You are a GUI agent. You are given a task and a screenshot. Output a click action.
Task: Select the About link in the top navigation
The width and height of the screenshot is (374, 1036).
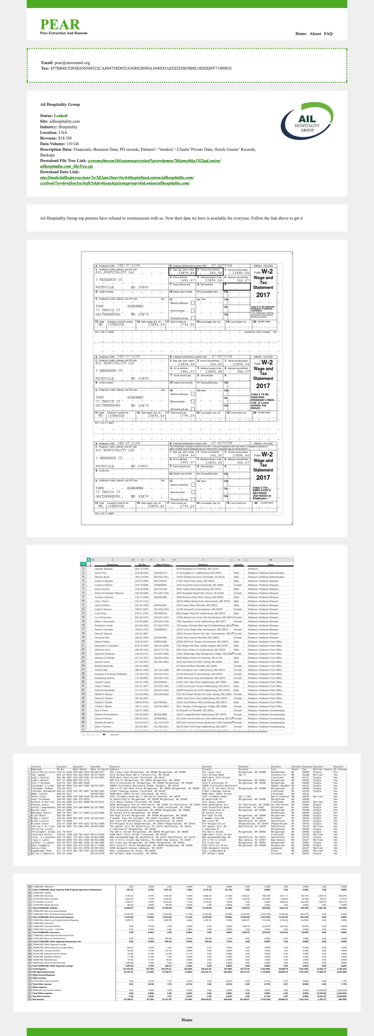click(315, 34)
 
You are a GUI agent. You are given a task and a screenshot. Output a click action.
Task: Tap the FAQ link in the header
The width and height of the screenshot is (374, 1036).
click(328, 34)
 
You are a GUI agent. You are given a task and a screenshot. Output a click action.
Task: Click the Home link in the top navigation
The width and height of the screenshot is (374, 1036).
click(301, 34)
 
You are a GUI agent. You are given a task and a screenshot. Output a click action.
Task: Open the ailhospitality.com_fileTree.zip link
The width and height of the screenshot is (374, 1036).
click(66, 166)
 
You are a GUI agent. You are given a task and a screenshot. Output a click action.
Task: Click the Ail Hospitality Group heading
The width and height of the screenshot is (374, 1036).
click(60, 105)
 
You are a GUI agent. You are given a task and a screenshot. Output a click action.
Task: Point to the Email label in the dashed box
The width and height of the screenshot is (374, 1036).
click(47, 63)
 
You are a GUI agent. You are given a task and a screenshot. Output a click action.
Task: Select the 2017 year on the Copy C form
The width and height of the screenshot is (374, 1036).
click(263, 477)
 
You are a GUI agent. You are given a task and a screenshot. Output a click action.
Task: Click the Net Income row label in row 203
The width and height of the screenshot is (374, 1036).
click(39, 999)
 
